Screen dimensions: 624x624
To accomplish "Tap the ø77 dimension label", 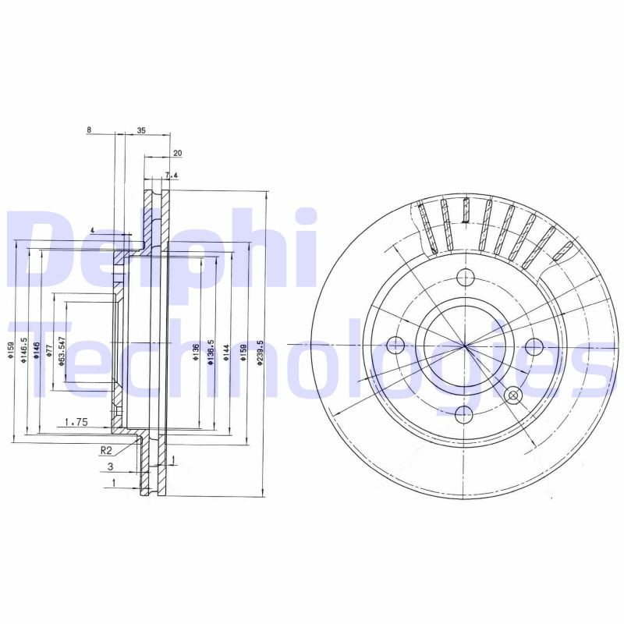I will point(48,349).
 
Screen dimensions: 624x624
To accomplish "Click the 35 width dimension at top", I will point(141,131).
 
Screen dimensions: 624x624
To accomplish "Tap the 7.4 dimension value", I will point(172,176).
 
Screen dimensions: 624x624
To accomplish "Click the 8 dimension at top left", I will point(90,131).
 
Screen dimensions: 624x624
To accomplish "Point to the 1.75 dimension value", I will point(75,422).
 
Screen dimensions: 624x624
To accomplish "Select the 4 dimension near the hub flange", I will point(92,231).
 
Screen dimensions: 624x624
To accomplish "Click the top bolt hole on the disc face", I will point(465,276).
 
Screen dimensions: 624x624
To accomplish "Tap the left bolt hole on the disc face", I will point(396,344).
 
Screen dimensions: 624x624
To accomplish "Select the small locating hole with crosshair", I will point(513,395).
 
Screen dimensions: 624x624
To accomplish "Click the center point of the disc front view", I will point(465,344).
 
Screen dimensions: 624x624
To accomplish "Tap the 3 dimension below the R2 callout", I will point(111,466).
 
